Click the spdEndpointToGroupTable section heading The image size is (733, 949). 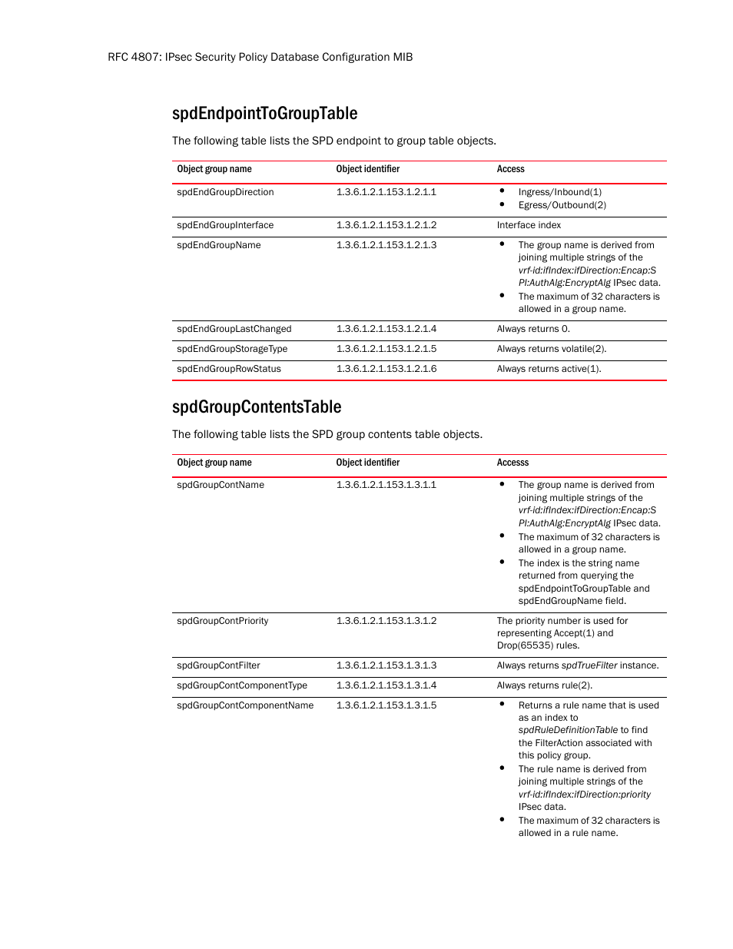[264, 114]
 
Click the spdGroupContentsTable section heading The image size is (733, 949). [257, 406]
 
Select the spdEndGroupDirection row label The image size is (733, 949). [225, 192]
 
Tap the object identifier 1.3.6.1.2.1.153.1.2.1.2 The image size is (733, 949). [386, 225]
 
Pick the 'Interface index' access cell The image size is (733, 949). [529, 225]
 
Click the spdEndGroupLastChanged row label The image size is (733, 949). [234, 329]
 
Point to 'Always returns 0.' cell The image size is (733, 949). [533, 329]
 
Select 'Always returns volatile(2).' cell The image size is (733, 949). [551, 349]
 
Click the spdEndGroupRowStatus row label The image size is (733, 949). [229, 369]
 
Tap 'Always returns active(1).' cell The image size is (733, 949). [549, 369]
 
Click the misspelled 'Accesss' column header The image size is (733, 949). [512, 463]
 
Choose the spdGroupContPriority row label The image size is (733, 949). [223, 621]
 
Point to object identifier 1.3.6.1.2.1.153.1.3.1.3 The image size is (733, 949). [386, 665]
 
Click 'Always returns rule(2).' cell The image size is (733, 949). [544, 685]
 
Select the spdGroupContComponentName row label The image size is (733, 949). [245, 705]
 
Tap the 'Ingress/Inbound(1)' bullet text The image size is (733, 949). [559, 192]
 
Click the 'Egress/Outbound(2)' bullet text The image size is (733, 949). [562, 205]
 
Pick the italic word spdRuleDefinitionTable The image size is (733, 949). [568, 730]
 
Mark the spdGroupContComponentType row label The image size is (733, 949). [242, 685]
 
